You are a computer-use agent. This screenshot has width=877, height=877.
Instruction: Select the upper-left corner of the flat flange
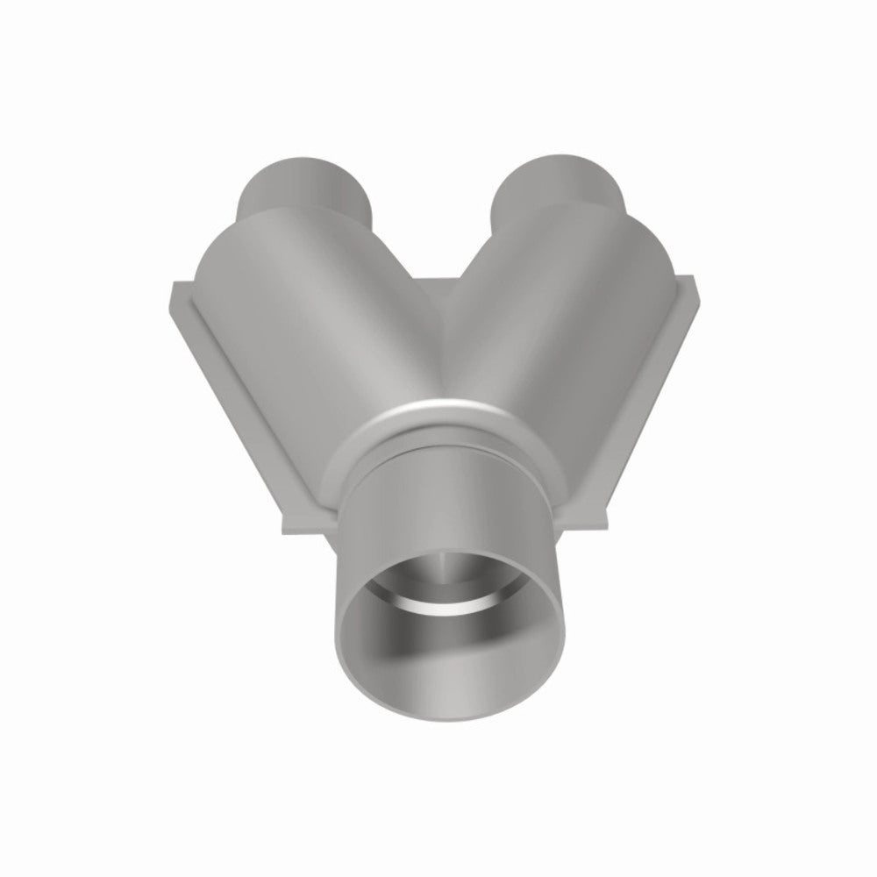click(174, 286)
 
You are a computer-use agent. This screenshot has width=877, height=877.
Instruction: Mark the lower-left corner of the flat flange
click(282, 530)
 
